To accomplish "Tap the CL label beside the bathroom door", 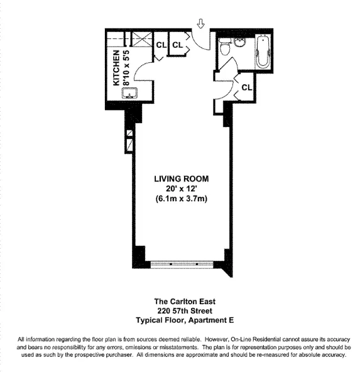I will click(x=246, y=87).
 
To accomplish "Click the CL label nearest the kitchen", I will click(x=161, y=45).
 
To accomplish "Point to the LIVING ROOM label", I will click(x=181, y=179).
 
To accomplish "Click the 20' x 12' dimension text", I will click(x=181, y=189).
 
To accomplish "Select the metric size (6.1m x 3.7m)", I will click(x=181, y=199).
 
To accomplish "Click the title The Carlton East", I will click(x=181, y=300).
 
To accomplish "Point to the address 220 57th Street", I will click(x=181, y=310).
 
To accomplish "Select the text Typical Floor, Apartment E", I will click(x=181, y=320).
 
